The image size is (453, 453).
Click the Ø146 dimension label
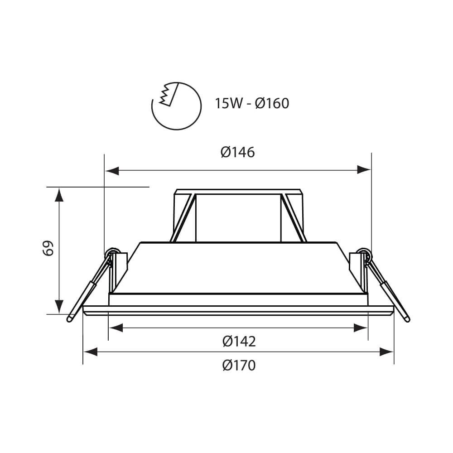(x=238, y=152)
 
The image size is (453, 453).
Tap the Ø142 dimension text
(x=239, y=342)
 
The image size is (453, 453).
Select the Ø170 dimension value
(x=239, y=366)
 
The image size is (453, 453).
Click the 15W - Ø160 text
(x=251, y=103)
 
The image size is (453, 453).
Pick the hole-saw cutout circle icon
(x=177, y=106)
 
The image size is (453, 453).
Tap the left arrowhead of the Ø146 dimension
(x=112, y=170)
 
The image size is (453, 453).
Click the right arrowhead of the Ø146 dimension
(x=364, y=170)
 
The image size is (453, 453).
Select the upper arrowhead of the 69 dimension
(x=59, y=195)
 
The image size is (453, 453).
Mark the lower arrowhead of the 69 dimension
(x=59, y=307)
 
